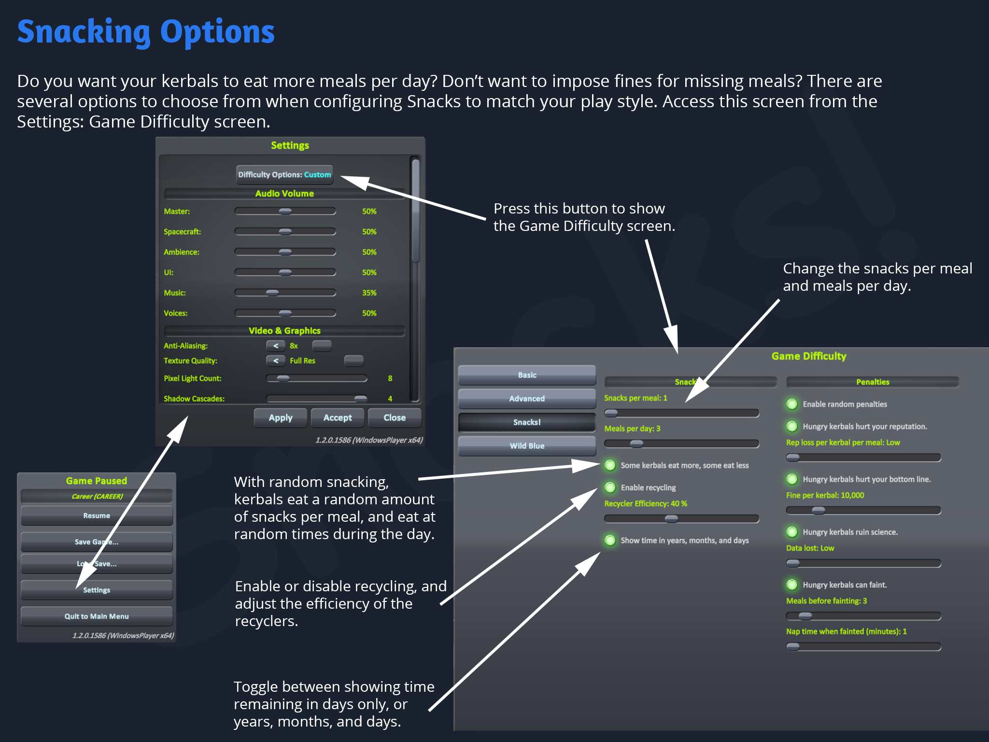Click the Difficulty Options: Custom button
click(x=284, y=175)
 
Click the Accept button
click(x=338, y=418)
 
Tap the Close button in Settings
click(x=394, y=418)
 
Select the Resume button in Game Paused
click(x=97, y=516)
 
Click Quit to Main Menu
click(x=97, y=616)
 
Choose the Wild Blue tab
click(x=527, y=446)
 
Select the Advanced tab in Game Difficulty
click(x=527, y=399)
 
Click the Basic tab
click(x=527, y=375)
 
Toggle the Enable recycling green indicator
click(x=610, y=487)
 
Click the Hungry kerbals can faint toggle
click(x=792, y=585)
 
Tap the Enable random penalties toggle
click(x=792, y=404)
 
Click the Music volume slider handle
click(x=272, y=293)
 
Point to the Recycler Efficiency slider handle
click(x=671, y=519)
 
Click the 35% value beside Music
click(x=369, y=293)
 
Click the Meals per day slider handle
click(x=637, y=443)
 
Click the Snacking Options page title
click(x=146, y=32)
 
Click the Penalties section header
click(x=872, y=382)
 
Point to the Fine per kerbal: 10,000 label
click(x=825, y=495)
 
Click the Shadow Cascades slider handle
click(x=360, y=399)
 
